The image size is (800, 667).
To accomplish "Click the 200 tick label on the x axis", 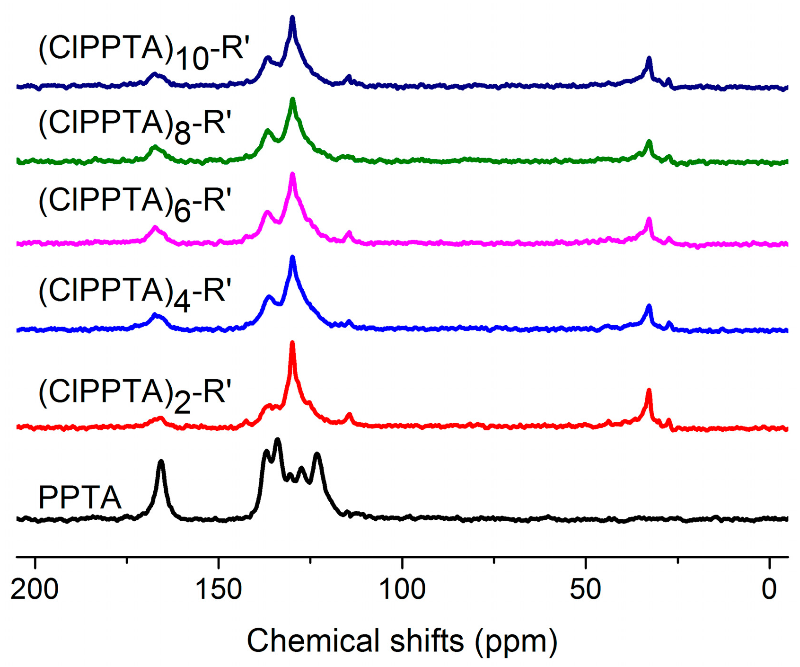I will click(35, 590).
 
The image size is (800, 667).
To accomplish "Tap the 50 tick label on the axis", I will click(586, 590).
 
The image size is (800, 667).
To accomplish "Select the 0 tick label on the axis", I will click(769, 590).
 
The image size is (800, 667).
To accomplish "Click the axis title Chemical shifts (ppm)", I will click(402, 641).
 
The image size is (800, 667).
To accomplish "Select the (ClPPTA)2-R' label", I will click(135, 395).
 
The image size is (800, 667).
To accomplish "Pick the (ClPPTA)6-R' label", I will click(135, 203).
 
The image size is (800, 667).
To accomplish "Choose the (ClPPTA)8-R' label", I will click(135, 125).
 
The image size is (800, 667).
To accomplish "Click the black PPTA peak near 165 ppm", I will click(161, 462).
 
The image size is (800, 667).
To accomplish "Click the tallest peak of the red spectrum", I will click(292, 344).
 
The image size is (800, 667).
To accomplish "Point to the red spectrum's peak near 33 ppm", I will click(649, 391).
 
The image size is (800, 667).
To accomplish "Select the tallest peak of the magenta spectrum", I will click(292, 175).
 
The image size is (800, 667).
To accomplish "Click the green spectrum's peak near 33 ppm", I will click(649, 142).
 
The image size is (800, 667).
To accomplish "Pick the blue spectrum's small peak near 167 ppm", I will click(155, 315).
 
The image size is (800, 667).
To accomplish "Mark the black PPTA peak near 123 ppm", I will click(317, 455).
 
